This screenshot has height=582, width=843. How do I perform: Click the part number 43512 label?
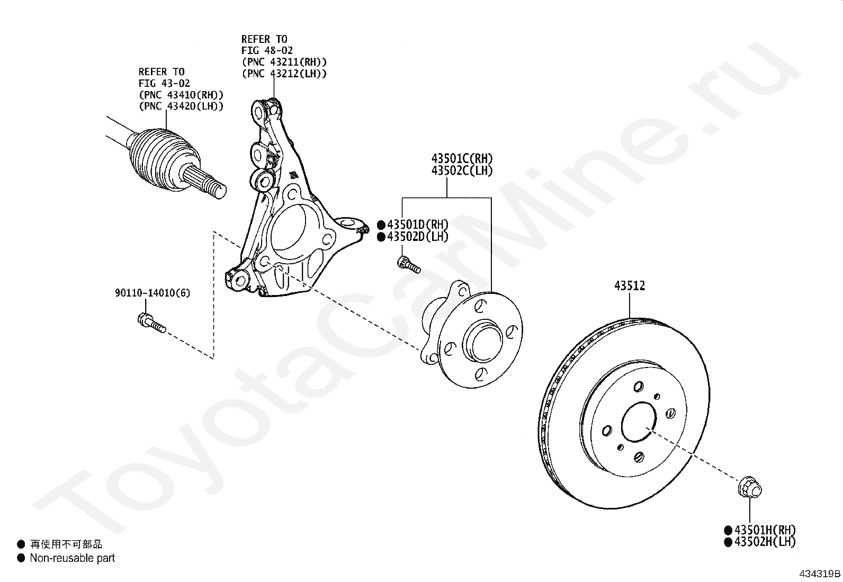point(630,286)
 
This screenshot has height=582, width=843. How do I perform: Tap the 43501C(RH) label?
point(462,158)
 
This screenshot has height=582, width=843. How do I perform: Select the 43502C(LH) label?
point(462,171)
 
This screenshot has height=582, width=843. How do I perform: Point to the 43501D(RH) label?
point(417,225)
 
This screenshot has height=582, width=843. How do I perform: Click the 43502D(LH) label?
point(417,237)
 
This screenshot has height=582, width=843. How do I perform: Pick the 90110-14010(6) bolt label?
point(153,293)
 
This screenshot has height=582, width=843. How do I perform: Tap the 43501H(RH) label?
point(764,530)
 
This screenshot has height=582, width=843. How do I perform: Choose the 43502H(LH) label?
point(764,542)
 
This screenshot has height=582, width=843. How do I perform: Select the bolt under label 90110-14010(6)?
point(151,323)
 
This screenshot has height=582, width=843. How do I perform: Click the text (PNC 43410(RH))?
point(181,95)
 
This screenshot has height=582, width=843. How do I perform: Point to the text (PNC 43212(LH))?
point(284,74)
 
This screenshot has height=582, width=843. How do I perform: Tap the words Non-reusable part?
point(72,558)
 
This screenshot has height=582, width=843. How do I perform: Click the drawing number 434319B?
point(820,574)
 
